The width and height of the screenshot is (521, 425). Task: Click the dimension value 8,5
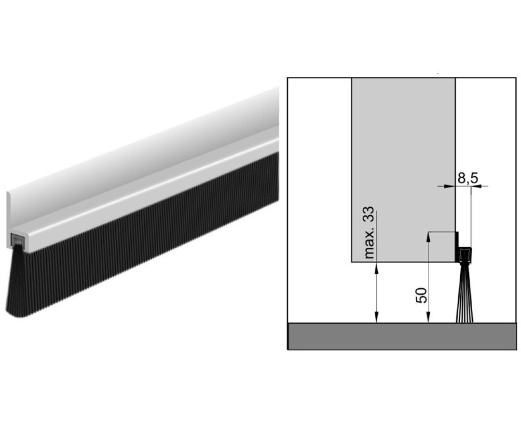coord(467,178)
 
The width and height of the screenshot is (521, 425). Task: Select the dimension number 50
coord(421,295)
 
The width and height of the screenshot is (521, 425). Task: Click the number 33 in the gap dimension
coord(370,218)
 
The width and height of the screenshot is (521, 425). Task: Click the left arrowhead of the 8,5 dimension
coord(452,186)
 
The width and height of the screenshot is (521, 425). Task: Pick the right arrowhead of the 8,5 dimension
coord(475,186)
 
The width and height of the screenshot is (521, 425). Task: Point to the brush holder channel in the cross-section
coord(465,254)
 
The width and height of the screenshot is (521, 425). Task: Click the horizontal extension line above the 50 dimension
coord(441,232)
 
